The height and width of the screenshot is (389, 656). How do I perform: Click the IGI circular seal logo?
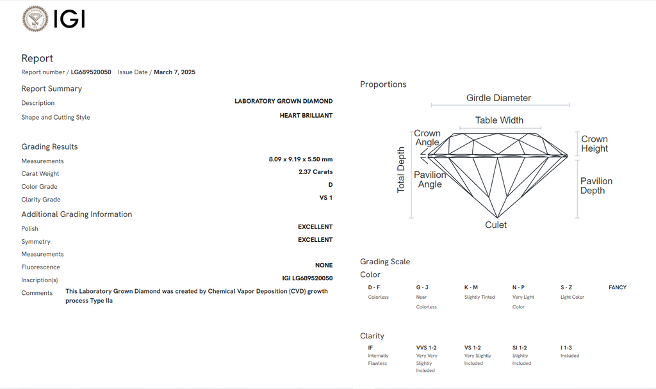tap(35, 19)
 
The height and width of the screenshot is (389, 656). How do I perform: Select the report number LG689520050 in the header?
tap(91, 72)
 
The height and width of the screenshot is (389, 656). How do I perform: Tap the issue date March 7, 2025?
tap(174, 72)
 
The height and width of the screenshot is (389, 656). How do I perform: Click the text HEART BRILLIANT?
tap(306, 115)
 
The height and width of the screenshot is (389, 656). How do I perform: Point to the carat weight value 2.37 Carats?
tap(315, 171)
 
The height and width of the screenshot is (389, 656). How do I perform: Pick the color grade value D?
tap(331, 185)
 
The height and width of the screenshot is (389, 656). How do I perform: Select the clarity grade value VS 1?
tap(326, 198)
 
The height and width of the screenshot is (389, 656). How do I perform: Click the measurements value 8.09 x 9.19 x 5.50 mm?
tap(300, 159)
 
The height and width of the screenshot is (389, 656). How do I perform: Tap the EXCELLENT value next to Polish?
tap(315, 227)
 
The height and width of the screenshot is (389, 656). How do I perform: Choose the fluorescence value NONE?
tap(324, 266)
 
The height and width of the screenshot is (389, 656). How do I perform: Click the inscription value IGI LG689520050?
tap(307, 278)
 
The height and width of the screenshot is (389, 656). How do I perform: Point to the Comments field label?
tap(37, 293)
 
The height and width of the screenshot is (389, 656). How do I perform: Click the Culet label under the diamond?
tap(496, 225)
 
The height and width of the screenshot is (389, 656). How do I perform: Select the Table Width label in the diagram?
tap(499, 120)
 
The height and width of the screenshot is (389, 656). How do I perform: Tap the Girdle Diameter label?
tap(498, 98)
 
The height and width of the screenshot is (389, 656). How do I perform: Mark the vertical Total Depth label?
tap(401, 170)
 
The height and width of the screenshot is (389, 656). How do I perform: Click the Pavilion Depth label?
tap(596, 186)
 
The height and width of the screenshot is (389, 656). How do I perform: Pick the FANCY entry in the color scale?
tap(618, 287)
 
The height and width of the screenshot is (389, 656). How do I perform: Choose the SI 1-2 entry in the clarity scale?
tap(520, 347)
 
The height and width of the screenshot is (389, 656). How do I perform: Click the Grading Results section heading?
tap(49, 147)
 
